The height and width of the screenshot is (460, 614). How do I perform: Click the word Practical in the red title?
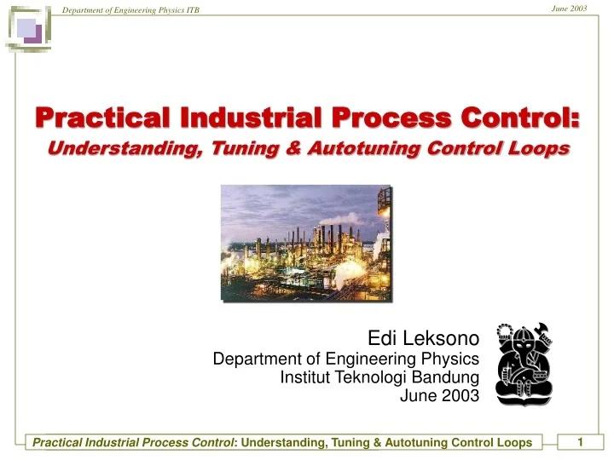102,118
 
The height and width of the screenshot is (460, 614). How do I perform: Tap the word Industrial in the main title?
251,118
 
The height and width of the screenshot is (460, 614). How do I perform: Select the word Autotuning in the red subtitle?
364,148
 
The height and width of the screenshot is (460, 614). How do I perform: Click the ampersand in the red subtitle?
293,148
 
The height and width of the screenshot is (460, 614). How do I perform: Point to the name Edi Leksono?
423,338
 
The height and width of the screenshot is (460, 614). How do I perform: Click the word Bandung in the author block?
446,377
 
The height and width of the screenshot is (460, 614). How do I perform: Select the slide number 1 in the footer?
581,442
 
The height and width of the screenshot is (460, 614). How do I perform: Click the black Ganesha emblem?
524,365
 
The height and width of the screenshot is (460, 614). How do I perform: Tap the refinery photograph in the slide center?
307,244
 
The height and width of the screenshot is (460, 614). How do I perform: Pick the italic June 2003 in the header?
569,9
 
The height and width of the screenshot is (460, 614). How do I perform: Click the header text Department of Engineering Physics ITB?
130,10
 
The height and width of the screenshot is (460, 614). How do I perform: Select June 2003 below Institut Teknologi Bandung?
439,395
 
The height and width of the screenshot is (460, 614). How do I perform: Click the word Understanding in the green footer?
284,442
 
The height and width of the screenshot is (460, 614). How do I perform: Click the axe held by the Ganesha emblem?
543,331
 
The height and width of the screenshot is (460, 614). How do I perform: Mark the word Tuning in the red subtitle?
246,149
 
